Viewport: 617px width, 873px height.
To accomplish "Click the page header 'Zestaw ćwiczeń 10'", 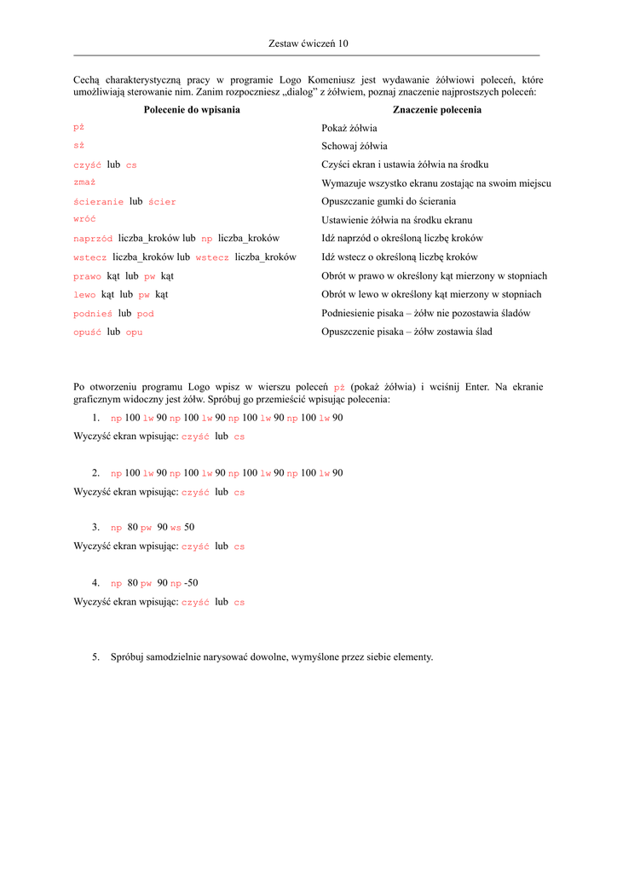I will [x=308, y=43].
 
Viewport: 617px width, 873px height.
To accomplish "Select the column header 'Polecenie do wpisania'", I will [x=192, y=110].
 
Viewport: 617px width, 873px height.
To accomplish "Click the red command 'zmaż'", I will [x=84, y=183].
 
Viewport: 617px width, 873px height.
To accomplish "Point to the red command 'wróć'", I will [x=84, y=220].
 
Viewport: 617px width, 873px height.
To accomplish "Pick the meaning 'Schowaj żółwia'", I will [x=355, y=147].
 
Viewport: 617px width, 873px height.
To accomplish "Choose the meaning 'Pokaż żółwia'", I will [x=349, y=128].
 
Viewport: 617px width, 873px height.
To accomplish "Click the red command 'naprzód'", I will [x=94, y=239].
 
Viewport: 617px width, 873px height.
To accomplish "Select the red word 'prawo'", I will [x=88, y=276].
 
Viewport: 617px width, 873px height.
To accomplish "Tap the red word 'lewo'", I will [x=85, y=295].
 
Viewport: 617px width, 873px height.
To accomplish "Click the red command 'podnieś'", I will [x=94, y=314].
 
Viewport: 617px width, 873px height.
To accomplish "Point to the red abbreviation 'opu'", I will [x=135, y=332].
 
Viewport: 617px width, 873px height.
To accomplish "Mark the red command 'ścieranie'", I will [x=99, y=202].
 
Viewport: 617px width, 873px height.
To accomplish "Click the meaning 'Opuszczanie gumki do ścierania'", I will [x=389, y=202].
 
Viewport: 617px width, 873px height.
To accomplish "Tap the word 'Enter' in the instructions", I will [x=476, y=387].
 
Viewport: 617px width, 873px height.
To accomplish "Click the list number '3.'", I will [x=96, y=528].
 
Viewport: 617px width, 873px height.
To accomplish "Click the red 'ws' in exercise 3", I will [x=176, y=529].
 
